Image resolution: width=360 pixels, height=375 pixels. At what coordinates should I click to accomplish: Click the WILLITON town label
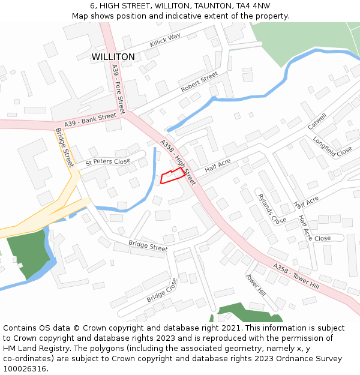(x=113, y=57)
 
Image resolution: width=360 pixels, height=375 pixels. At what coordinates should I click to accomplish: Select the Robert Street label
(x=199, y=82)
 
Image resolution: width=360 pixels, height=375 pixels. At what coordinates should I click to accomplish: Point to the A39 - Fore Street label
(x=118, y=89)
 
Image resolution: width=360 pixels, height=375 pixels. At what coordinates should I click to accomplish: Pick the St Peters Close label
(x=107, y=161)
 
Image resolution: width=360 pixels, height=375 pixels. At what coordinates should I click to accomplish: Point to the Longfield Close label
(x=332, y=146)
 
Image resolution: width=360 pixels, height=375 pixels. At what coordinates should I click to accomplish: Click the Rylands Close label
(x=272, y=208)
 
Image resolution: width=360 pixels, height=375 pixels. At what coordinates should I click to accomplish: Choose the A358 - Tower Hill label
(x=296, y=276)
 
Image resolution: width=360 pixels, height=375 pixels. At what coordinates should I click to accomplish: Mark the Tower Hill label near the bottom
(x=256, y=285)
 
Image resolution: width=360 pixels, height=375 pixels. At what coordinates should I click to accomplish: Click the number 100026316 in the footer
(x=25, y=369)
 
